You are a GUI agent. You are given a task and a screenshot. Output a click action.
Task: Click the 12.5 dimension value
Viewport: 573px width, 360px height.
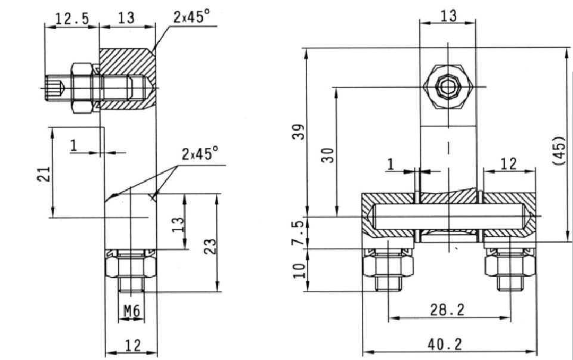[x=72, y=18]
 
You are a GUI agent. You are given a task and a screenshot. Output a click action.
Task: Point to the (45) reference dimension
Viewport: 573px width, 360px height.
[x=559, y=152]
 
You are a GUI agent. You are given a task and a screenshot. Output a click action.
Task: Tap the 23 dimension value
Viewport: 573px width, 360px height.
[x=209, y=246]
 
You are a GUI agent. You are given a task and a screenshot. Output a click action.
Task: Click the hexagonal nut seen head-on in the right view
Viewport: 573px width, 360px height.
[x=447, y=88]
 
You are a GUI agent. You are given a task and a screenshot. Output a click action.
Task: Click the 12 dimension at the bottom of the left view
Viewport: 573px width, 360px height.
[x=131, y=344]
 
